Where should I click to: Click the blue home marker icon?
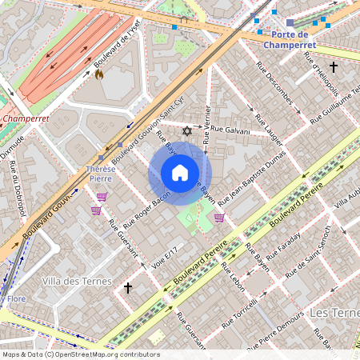coord(180,173)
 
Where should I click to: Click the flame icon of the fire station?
coord(99,74)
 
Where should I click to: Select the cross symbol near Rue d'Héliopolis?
coord(333,67)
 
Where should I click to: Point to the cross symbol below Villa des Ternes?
coord(127,286)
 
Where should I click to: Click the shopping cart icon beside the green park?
coord(219,217)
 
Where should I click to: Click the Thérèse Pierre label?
coord(101,174)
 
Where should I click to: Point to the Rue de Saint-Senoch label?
coord(316,261)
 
